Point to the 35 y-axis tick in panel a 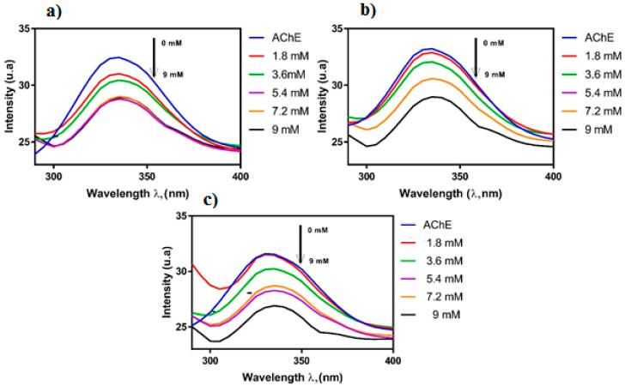[x=25, y=29]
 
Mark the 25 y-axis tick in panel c [x=180, y=327]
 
